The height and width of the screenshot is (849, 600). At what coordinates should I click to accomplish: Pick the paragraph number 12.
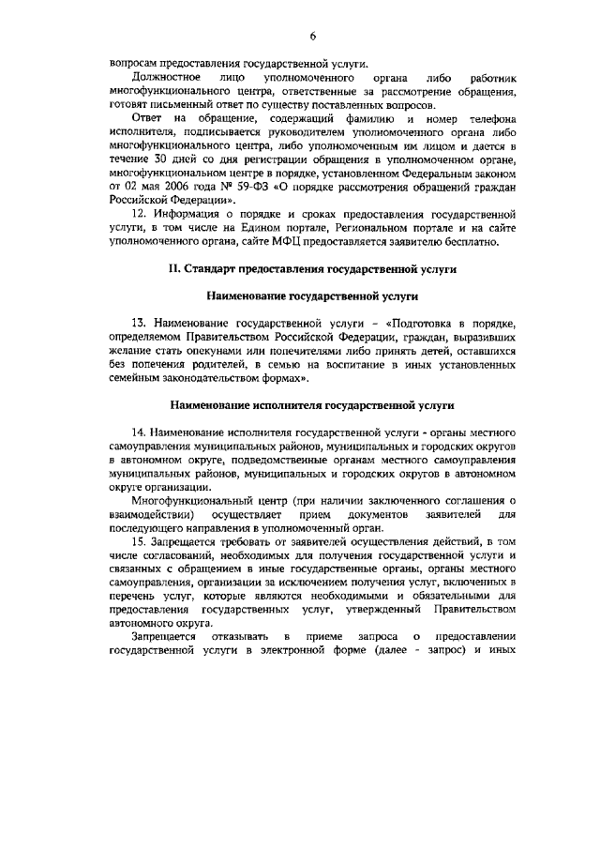click(x=140, y=214)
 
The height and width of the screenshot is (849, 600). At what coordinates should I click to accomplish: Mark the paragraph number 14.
click(x=140, y=432)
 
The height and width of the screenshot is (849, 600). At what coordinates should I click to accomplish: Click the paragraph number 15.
click(x=140, y=543)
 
